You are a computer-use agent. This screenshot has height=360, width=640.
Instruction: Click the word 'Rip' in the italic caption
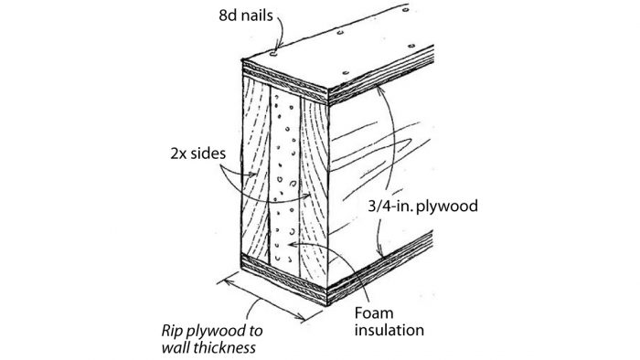pyautogui.click(x=171, y=329)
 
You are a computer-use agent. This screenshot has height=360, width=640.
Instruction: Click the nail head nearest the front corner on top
pyautogui.click(x=274, y=53)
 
